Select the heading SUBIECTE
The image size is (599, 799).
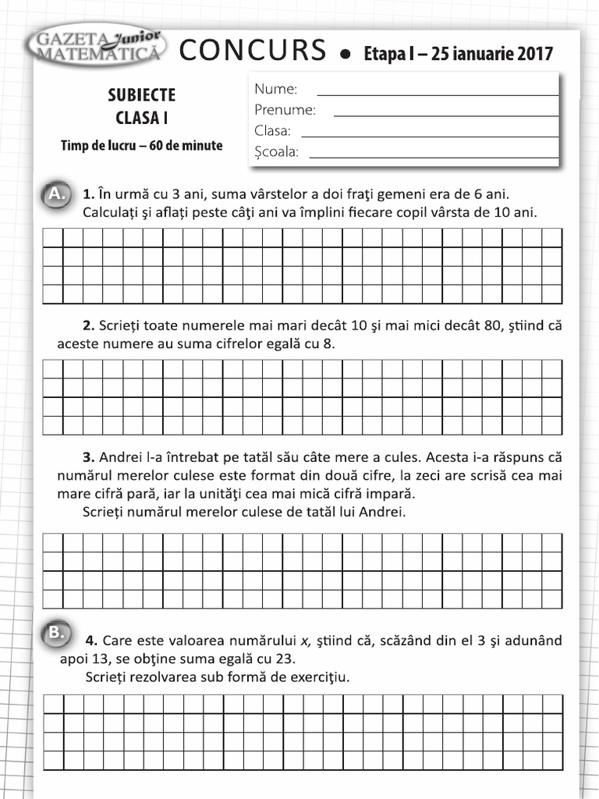tap(141, 95)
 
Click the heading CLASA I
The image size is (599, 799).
tap(141, 119)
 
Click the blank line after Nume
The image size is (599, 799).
tap(438, 94)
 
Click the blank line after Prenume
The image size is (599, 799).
tap(445, 115)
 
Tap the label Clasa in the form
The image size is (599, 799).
tap(272, 131)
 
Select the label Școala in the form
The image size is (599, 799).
tap(276, 152)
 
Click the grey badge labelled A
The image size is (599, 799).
tap(55, 194)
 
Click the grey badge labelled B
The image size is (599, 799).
tap(55, 633)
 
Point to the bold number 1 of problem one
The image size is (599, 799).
tap(88, 194)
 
